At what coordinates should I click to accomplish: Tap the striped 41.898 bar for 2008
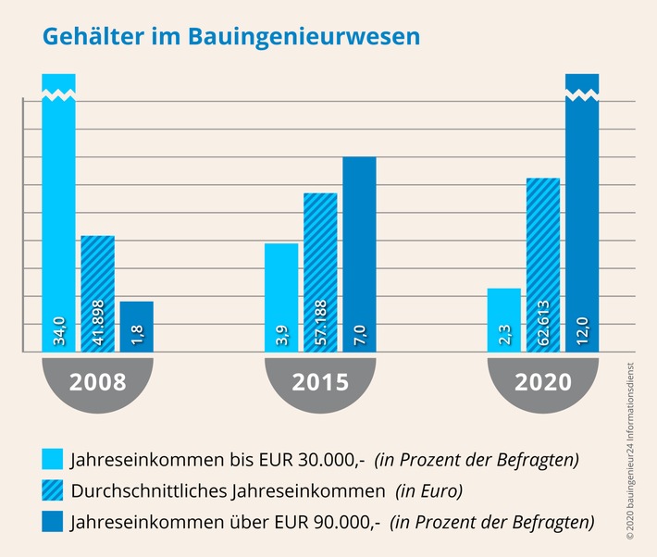[97, 294]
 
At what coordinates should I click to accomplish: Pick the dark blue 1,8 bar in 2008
[136, 327]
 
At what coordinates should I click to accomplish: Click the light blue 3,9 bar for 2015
[281, 298]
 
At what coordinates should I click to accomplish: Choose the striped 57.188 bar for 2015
[320, 273]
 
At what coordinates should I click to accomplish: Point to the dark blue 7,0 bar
[359, 254]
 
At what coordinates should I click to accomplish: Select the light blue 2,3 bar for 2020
[503, 320]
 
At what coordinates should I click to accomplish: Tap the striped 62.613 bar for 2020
[542, 265]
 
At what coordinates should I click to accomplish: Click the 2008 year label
[98, 381]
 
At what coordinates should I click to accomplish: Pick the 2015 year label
[320, 381]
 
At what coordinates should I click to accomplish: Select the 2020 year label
[542, 381]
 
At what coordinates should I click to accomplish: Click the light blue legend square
[53, 458]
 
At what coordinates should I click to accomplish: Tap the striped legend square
[53, 490]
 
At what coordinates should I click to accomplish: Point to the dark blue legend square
[53, 523]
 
